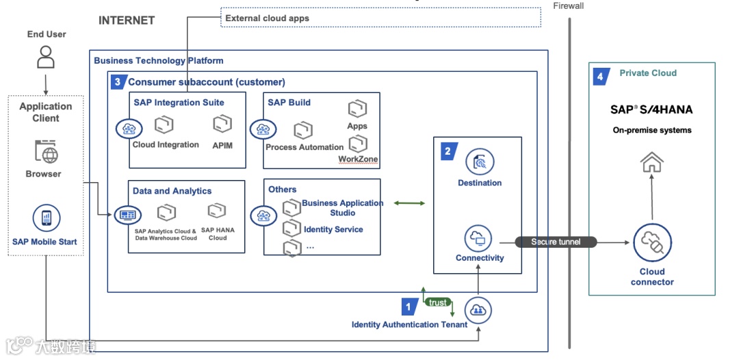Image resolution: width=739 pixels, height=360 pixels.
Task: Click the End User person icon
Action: pyautogui.click(x=45, y=57)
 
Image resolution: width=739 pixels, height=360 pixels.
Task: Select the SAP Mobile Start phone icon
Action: pyautogui.click(x=46, y=218)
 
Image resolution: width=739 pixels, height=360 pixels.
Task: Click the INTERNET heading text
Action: pyautogui.click(x=126, y=20)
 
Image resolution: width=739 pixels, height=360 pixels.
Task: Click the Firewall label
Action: pyautogui.click(x=569, y=6)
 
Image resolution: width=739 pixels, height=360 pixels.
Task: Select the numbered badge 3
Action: pyautogui.click(x=118, y=82)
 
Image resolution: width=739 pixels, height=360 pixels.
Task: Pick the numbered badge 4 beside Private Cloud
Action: pyautogui.click(x=600, y=76)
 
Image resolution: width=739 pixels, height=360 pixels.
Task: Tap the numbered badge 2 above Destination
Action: pyautogui.click(x=448, y=151)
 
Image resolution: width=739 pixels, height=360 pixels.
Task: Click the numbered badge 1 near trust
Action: pyautogui.click(x=409, y=307)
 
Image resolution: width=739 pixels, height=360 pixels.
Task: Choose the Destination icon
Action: pyautogui.click(x=480, y=162)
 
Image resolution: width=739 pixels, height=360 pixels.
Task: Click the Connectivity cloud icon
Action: pyautogui.click(x=478, y=239)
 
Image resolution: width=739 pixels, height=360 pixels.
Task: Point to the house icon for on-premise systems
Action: pyautogui.click(x=651, y=162)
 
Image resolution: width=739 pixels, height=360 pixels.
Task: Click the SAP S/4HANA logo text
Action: pyautogui.click(x=651, y=110)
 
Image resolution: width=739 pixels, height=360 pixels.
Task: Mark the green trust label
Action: pyautogui.click(x=437, y=303)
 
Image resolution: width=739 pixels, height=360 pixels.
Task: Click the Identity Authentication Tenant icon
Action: pyautogui.click(x=478, y=310)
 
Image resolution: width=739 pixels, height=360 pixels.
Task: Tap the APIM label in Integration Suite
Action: pyautogui.click(x=222, y=144)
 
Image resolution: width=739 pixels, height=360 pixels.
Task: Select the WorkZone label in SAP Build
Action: pyautogui.click(x=358, y=159)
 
